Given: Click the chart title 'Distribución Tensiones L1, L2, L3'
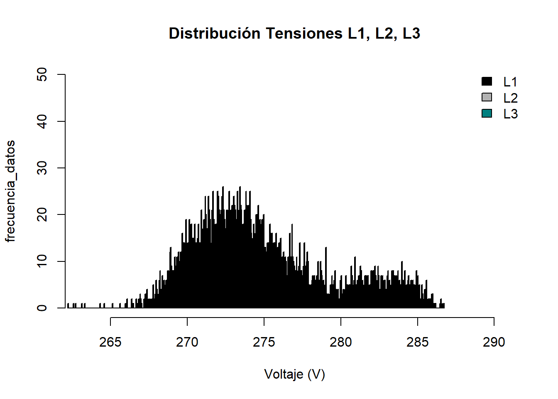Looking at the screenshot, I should [x=294, y=33].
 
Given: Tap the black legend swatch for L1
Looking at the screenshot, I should [x=487, y=81].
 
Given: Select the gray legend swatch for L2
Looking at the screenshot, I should [x=487, y=97].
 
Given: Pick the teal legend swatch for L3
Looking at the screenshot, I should [x=487, y=113].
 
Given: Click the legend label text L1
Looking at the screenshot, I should [x=510, y=82].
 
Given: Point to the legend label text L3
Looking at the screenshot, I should [x=510, y=114].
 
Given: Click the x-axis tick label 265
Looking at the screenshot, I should [x=110, y=342].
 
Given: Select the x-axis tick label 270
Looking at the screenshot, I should [x=187, y=342].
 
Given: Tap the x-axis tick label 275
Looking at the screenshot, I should [x=264, y=342].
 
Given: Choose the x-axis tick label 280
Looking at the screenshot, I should [x=340, y=342].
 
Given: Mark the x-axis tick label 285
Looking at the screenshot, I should [x=417, y=342].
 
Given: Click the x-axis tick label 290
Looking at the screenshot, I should [x=494, y=342].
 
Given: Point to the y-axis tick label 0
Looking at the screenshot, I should [x=42, y=308].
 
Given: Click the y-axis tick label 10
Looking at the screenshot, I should [x=42, y=261].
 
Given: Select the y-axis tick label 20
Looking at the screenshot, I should [x=42, y=214].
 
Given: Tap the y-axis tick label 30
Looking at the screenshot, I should [x=42, y=168].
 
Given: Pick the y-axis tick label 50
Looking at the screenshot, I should [x=42, y=75].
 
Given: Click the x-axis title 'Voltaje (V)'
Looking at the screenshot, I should [x=294, y=374].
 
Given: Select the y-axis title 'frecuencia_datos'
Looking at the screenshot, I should [x=10, y=191].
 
